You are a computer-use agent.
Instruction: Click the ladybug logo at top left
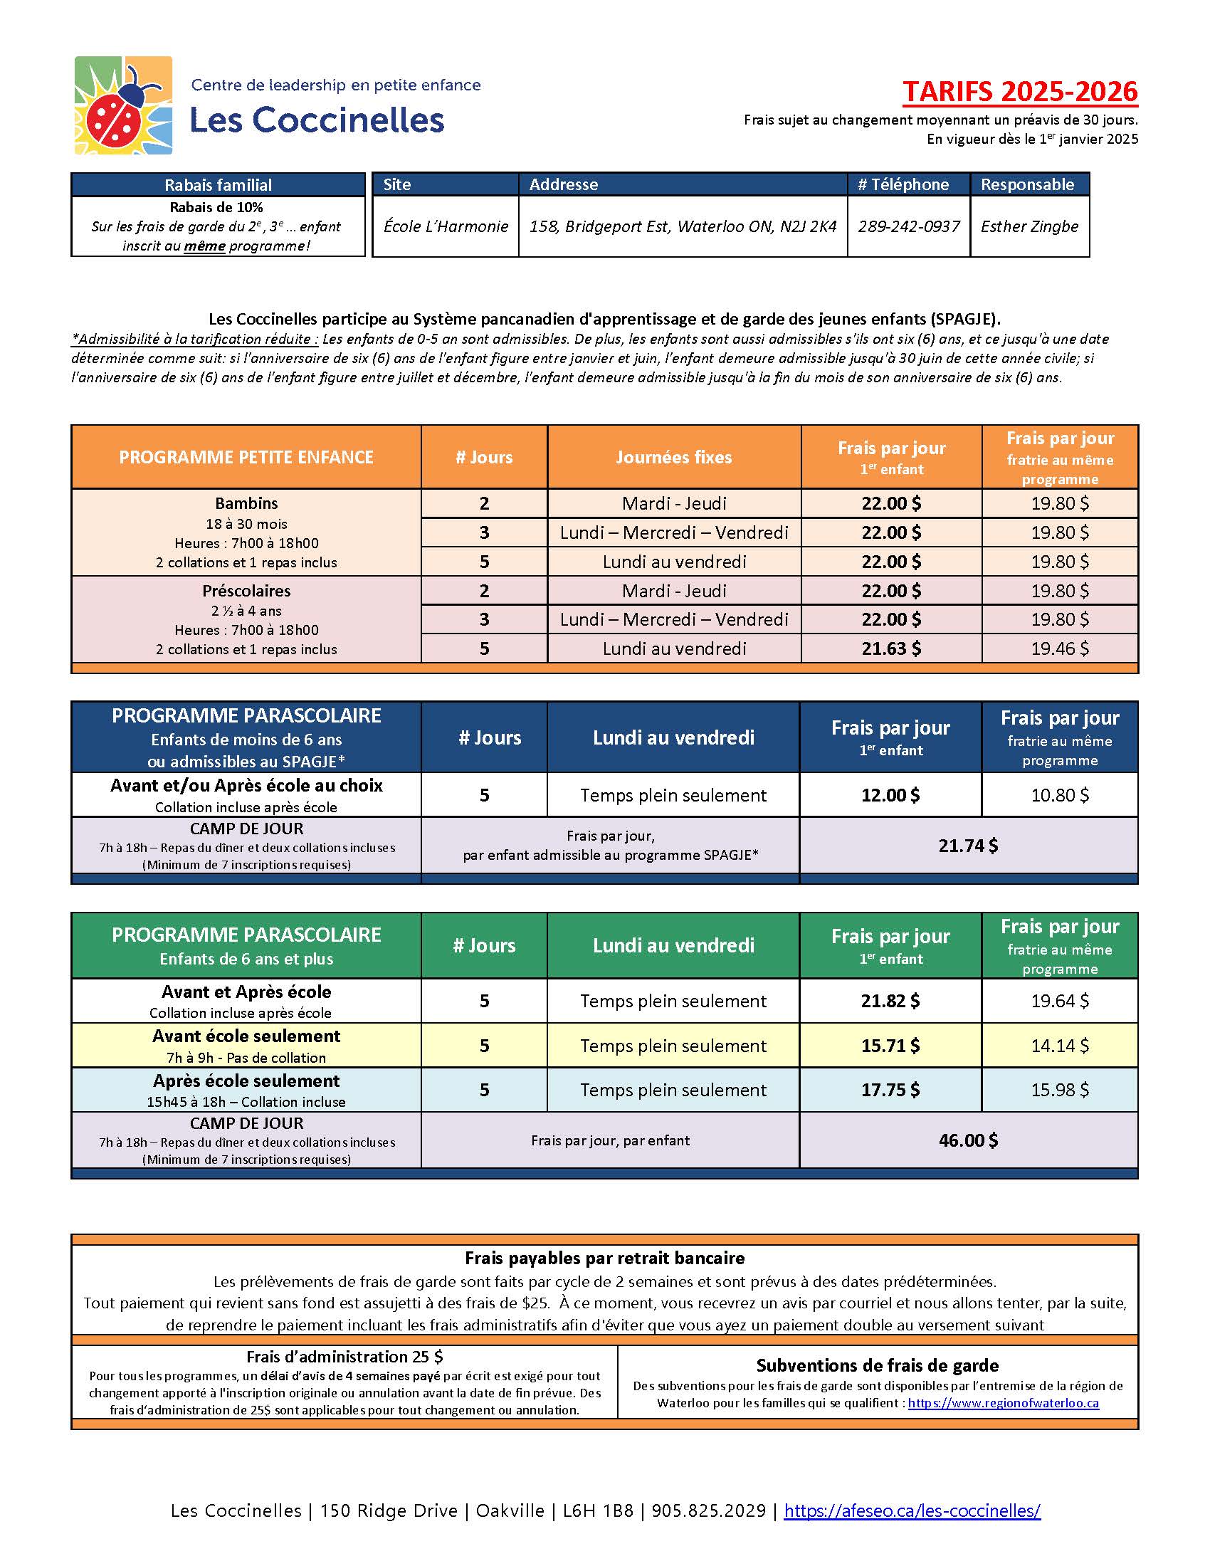123,105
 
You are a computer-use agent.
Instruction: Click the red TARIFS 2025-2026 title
1019,92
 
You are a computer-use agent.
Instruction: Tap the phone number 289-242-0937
908,226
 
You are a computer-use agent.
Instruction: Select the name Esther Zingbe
1028,226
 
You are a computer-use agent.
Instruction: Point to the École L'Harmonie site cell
445,226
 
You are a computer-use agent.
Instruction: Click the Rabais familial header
218,185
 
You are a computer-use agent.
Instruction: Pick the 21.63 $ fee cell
891,648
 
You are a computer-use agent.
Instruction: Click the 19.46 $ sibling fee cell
1060,648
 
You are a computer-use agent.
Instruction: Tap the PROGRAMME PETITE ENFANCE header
246,458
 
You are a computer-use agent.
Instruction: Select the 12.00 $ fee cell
890,795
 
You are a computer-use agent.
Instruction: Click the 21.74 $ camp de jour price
968,846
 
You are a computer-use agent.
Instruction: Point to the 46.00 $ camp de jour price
968,1140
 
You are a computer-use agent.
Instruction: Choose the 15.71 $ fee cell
890,1046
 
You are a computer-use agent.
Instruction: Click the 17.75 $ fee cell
890,1090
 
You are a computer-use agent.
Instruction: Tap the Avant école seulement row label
246,1037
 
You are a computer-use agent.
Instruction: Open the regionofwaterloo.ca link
1003,1403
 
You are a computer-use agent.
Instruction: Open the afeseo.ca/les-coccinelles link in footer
912,1510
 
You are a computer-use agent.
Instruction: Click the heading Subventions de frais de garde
877,1365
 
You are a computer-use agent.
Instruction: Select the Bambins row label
246,503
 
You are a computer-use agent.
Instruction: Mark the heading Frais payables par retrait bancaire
604,1258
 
